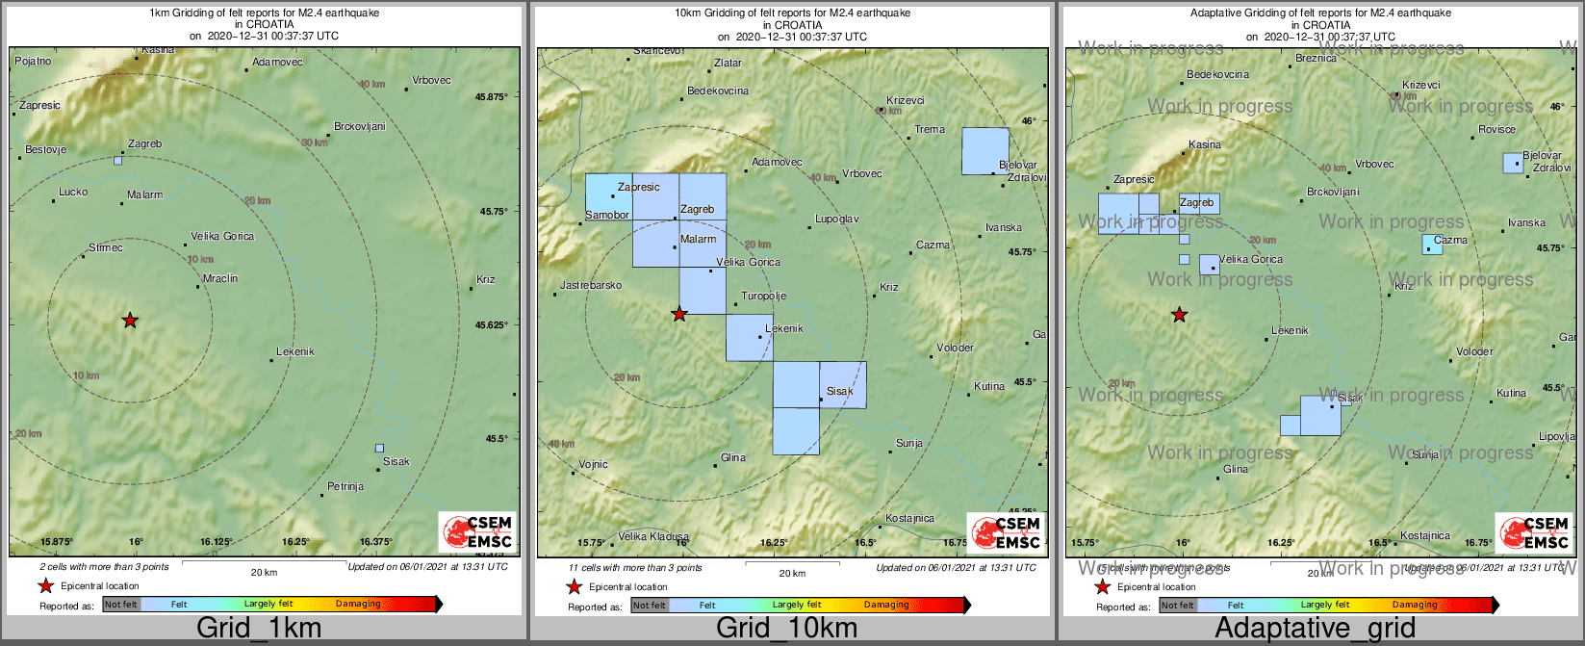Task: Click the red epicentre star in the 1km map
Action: pyautogui.click(x=130, y=320)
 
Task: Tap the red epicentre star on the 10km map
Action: pyautogui.click(x=679, y=313)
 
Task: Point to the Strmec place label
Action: pyautogui.click(x=105, y=248)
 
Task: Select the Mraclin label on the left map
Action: pyautogui.click(x=220, y=279)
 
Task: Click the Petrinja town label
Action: pyautogui.click(x=345, y=487)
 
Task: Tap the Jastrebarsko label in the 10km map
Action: pyautogui.click(x=591, y=286)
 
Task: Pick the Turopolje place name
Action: pyautogui.click(x=763, y=297)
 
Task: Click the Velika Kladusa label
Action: pyautogui.click(x=653, y=537)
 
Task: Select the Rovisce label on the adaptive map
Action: pyautogui.click(x=1496, y=130)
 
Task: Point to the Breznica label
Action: pyautogui.click(x=1316, y=59)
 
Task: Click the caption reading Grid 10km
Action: pyautogui.click(x=786, y=629)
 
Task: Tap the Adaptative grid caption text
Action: pyautogui.click(x=1315, y=629)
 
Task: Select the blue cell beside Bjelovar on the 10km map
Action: pyautogui.click(x=985, y=151)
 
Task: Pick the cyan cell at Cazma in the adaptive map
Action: pyautogui.click(x=1433, y=244)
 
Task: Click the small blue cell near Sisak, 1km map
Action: pyautogui.click(x=379, y=448)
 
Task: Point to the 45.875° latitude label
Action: pyautogui.click(x=491, y=97)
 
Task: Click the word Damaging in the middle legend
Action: pyautogui.click(x=886, y=605)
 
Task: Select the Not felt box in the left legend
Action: pyautogui.click(x=121, y=605)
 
